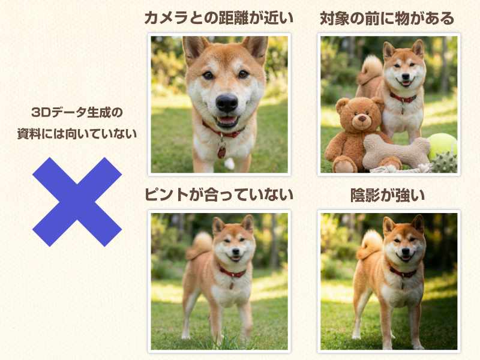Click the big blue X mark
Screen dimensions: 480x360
(x=77, y=202)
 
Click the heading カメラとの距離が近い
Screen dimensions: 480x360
(x=219, y=18)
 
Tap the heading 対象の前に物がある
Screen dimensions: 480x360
(x=387, y=19)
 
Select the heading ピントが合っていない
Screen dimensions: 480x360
(x=219, y=195)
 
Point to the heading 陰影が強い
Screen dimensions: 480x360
(x=388, y=196)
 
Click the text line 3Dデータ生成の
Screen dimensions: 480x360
(x=77, y=112)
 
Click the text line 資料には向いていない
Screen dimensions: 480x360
(x=77, y=134)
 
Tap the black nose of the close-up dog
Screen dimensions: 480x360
(x=227, y=103)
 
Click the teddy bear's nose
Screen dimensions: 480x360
(x=362, y=118)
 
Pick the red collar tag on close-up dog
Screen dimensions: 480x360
(x=221, y=152)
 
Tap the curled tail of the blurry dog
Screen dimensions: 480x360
(x=200, y=245)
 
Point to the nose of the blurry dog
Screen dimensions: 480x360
(x=235, y=251)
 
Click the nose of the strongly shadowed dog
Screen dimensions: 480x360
(x=406, y=251)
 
